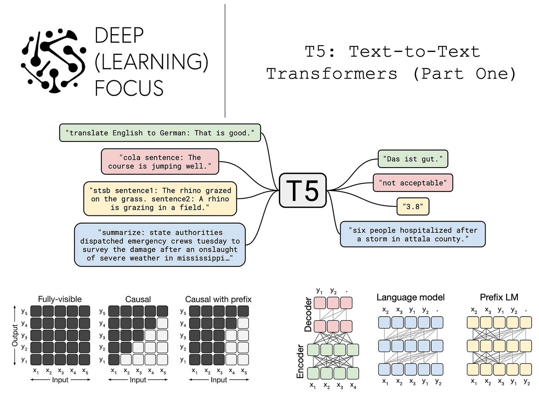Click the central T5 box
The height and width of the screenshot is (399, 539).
pos(302,190)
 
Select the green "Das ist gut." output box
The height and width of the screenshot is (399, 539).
pos(412,159)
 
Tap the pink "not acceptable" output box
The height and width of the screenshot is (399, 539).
pos(412,183)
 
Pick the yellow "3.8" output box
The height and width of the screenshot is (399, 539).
pos(412,207)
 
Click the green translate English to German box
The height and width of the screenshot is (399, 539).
pos(160,133)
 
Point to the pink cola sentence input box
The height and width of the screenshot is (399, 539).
pos(160,162)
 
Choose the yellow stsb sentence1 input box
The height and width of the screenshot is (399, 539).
pos(160,199)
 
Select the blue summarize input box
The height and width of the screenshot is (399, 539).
pos(160,245)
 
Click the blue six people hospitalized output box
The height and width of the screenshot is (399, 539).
pos(412,234)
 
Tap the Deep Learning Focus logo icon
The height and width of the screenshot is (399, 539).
pos(53,60)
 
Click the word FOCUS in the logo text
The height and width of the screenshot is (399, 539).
pos(129,88)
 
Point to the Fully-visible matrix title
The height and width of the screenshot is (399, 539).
pos(60,299)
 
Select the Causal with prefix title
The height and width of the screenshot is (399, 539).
pos(218,299)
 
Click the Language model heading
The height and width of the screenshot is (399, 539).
pos(410,297)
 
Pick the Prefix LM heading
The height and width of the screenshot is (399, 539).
pos(499,297)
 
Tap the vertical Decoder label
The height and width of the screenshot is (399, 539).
pos(308,314)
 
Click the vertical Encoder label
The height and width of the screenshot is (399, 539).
pos(300,362)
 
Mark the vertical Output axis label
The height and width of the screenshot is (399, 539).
pos(15,335)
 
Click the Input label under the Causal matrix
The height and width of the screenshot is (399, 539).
pos(138,380)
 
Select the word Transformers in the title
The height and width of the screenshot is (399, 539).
pos(332,73)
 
